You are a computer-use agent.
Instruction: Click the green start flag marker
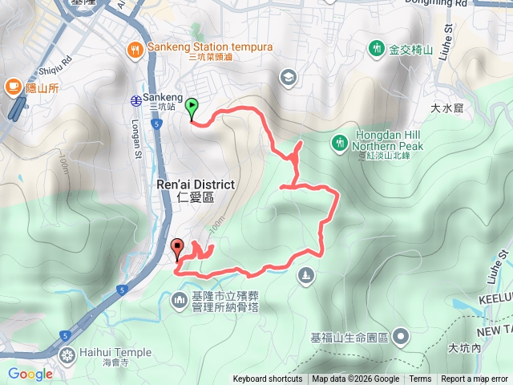pyautogui.click(x=192, y=107)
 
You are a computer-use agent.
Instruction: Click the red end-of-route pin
pyautogui.click(x=177, y=248)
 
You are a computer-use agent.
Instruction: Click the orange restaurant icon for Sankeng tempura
pyautogui.click(x=135, y=49)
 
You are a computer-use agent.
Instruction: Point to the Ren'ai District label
pyautogui.click(x=196, y=184)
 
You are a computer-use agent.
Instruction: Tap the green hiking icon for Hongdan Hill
pyautogui.click(x=340, y=143)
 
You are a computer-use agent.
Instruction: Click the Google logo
pyautogui.click(x=30, y=374)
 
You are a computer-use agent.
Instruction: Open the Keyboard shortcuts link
pyautogui.click(x=268, y=379)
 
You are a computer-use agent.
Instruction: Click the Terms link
pyautogui.click(x=420, y=379)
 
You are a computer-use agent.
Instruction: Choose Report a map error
pyautogui.click(x=475, y=379)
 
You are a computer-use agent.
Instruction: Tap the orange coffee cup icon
pyautogui.click(x=14, y=84)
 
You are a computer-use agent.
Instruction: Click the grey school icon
pyautogui.click(x=288, y=77)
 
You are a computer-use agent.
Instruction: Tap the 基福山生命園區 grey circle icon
pyautogui.click(x=400, y=336)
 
